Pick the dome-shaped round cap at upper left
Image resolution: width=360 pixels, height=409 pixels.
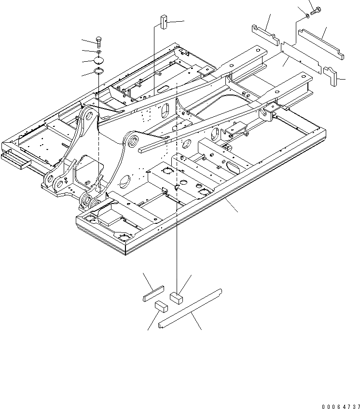[99, 60]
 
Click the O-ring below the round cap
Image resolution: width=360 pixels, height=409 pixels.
[98, 71]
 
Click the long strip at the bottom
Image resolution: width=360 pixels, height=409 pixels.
[190, 307]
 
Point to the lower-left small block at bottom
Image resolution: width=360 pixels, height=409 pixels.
[160, 306]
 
